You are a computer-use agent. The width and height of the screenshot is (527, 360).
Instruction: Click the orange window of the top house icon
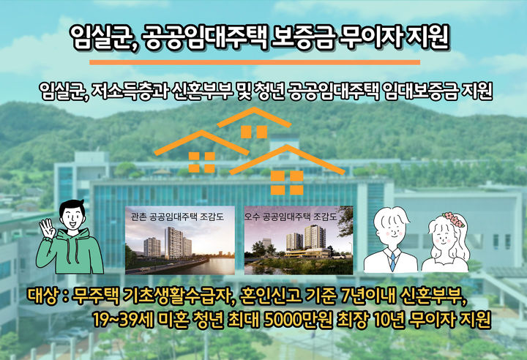[254, 132]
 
